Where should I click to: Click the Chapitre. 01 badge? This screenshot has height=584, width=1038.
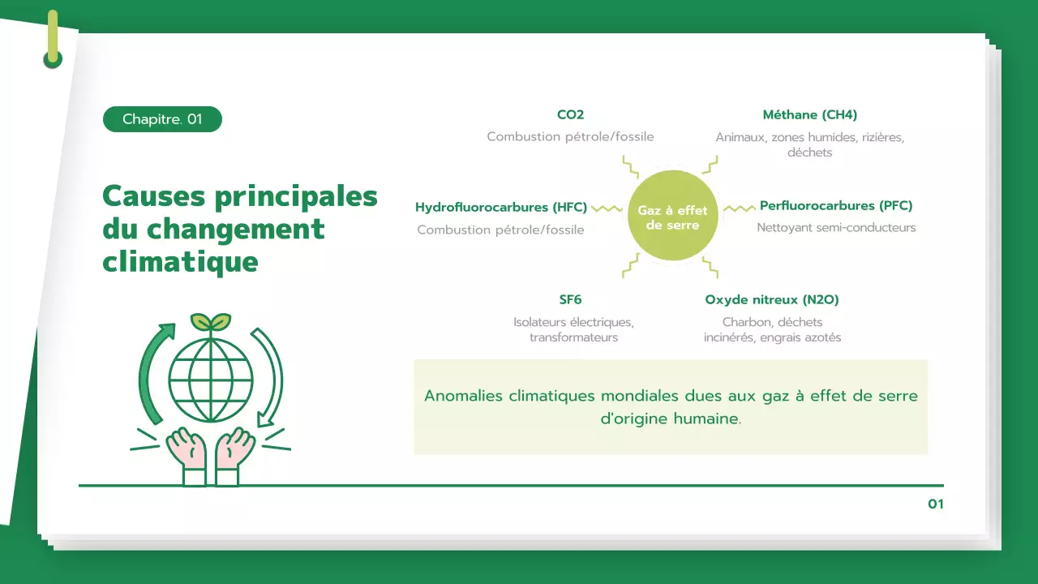pos(162,119)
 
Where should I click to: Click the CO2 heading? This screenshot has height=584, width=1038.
pos(570,115)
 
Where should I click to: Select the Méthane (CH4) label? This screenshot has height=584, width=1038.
pos(809,115)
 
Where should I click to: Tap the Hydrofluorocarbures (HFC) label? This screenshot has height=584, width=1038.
pos(501,208)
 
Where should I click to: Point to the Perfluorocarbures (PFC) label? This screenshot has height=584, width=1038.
pos(836,206)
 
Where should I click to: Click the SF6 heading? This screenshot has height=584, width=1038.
pos(570,300)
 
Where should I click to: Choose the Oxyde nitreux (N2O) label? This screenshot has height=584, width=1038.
pos(772,300)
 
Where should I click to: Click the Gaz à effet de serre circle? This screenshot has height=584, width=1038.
pos(672,216)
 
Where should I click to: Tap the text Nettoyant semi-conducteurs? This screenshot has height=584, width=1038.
pos(836,228)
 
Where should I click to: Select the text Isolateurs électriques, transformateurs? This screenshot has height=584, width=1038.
pos(573,329)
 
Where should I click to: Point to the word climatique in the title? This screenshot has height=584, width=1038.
pos(180,262)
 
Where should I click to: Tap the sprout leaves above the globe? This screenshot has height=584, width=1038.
pos(211,321)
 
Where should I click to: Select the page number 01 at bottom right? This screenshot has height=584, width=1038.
pos(935,505)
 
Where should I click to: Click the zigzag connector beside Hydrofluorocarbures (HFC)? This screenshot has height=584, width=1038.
pos(607,208)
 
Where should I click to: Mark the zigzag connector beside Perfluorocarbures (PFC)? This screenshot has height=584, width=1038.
pos(739,208)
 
